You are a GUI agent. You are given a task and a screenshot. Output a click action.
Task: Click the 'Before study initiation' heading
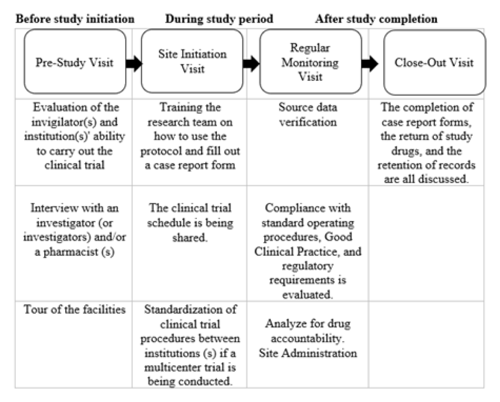75,19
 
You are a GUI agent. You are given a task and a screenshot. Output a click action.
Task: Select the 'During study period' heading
219,19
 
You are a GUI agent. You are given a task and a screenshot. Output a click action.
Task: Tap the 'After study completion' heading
376,19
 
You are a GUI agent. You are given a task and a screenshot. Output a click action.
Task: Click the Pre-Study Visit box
75,62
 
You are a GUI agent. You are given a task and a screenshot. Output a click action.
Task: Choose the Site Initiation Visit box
192,61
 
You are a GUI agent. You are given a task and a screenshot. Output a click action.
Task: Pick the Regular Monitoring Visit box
311,62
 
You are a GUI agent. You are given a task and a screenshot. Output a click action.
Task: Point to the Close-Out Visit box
435,63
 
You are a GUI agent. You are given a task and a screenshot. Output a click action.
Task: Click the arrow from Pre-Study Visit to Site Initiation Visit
134,63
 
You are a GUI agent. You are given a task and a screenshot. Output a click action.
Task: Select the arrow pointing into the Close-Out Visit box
370,63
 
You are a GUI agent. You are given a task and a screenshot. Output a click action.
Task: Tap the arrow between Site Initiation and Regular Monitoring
252,63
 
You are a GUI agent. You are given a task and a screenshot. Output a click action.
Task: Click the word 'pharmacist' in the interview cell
71,252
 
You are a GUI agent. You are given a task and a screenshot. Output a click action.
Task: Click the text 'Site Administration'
308,353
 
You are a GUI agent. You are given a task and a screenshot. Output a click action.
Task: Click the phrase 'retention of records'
426,165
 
